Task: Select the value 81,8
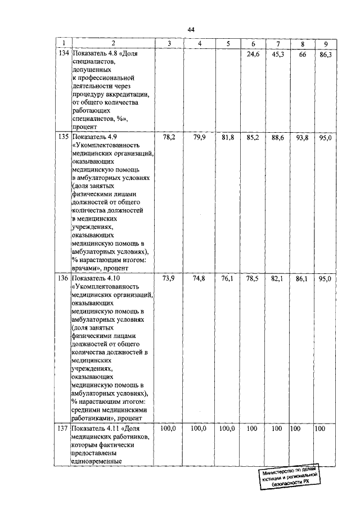tap(228, 137)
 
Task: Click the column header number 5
tap(227, 44)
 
